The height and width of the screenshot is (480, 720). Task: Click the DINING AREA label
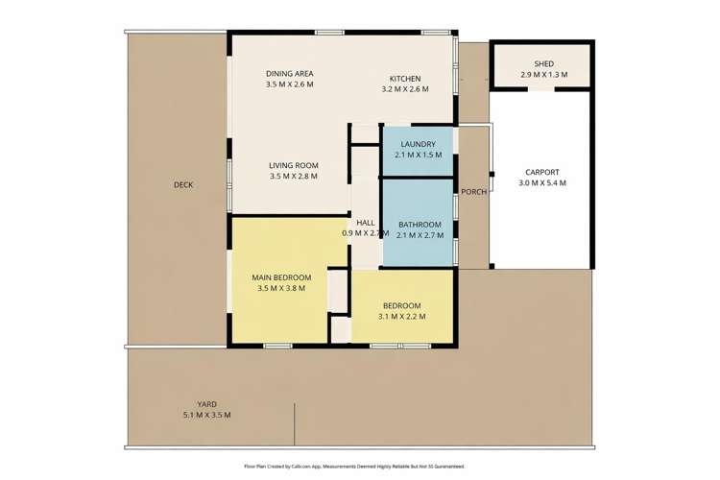point(289,74)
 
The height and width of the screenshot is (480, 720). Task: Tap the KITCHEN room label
point(404,79)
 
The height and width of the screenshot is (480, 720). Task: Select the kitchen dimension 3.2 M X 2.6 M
point(404,89)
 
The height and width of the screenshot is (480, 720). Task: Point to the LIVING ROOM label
point(293,165)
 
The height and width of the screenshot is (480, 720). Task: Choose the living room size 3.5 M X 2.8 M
point(293,177)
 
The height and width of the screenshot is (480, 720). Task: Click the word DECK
point(184,184)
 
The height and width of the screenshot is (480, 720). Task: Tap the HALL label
point(365,222)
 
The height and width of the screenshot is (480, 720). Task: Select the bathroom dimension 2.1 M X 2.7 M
point(419,233)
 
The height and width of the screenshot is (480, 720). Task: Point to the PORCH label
point(473,191)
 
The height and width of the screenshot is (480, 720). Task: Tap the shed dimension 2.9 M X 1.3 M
point(543,75)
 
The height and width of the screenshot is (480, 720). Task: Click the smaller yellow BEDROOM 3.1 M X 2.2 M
point(401,310)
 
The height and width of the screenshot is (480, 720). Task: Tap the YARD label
point(206,404)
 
